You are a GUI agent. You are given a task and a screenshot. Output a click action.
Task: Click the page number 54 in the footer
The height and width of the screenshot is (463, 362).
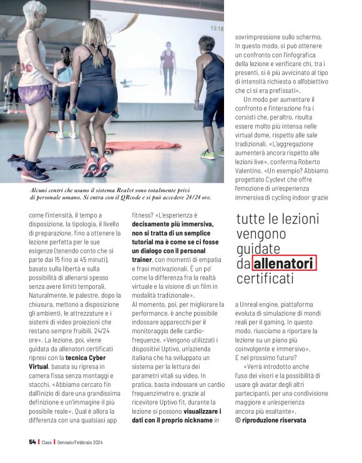32,442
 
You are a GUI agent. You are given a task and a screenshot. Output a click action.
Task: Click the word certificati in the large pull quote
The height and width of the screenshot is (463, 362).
265,279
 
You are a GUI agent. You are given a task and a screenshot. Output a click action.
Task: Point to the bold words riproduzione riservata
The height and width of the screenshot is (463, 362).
274,421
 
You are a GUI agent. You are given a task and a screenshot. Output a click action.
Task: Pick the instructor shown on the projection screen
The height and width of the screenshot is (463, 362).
167,67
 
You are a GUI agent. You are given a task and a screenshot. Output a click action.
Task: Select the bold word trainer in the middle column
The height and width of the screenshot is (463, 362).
142,258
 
